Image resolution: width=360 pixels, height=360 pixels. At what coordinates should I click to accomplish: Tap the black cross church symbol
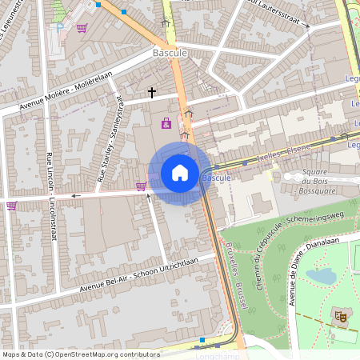point(152,93)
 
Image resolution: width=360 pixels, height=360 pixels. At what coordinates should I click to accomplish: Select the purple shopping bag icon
point(166,123)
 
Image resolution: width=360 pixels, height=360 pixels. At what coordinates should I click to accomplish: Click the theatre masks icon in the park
point(340,318)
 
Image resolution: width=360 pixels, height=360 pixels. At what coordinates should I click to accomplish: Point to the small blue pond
point(321,276)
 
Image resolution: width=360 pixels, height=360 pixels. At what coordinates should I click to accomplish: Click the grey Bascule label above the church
point(169,53)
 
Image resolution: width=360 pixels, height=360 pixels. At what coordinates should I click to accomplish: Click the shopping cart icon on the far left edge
point(11,206)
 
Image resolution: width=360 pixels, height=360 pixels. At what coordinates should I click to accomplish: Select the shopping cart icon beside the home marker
point(141,186)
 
